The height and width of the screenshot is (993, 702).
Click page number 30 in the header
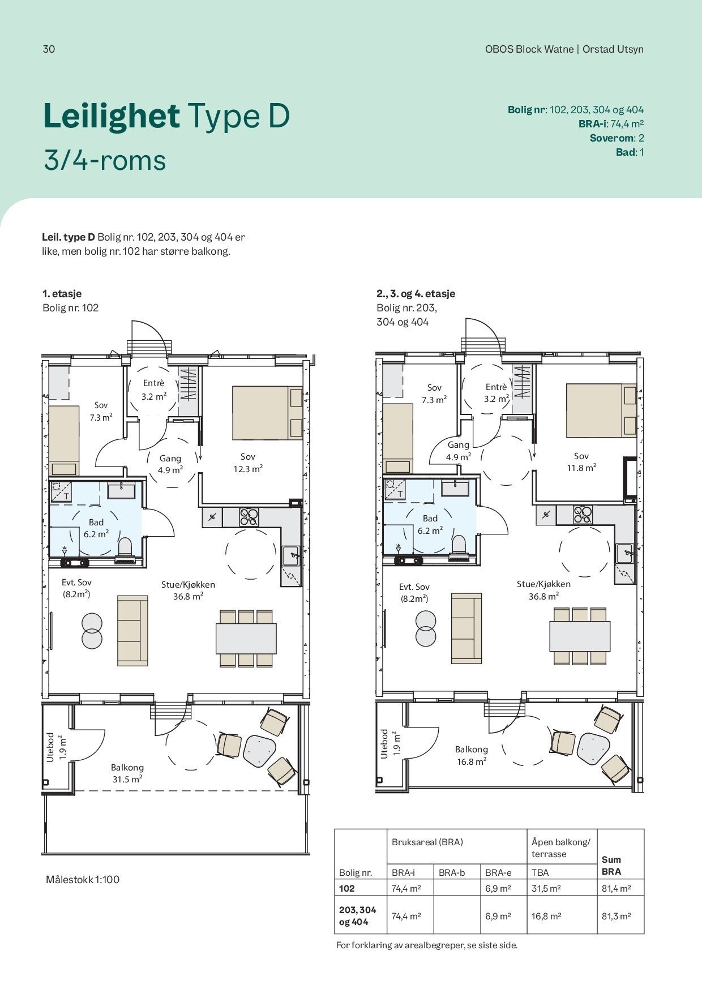point(49,49)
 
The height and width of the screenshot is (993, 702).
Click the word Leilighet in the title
point(112,117)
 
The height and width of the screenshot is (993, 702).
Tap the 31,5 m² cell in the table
point(546,889)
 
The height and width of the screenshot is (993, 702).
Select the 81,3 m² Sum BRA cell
point(616,916)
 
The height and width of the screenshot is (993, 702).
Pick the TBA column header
point(540,873)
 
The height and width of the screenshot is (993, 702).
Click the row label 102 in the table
point(347,889)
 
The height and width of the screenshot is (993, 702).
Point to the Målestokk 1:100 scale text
point(83,880)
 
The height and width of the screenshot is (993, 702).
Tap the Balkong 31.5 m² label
point(127,773)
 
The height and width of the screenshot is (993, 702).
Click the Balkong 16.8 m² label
point(472,755)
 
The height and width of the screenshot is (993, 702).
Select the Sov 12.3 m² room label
point(248,463)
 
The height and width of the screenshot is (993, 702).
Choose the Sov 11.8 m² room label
point(581,462)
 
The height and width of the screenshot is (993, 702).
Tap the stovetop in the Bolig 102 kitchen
point(249,517)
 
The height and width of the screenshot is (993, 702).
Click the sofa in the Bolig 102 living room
point(132,631)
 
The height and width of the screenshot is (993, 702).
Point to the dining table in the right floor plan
point(580,636)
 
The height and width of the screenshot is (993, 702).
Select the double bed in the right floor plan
point(601,410)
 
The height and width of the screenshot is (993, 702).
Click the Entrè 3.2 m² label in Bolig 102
point(154,390)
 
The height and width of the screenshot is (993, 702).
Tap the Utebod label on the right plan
point(385,744)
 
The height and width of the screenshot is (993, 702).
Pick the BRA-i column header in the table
point(403,873)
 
